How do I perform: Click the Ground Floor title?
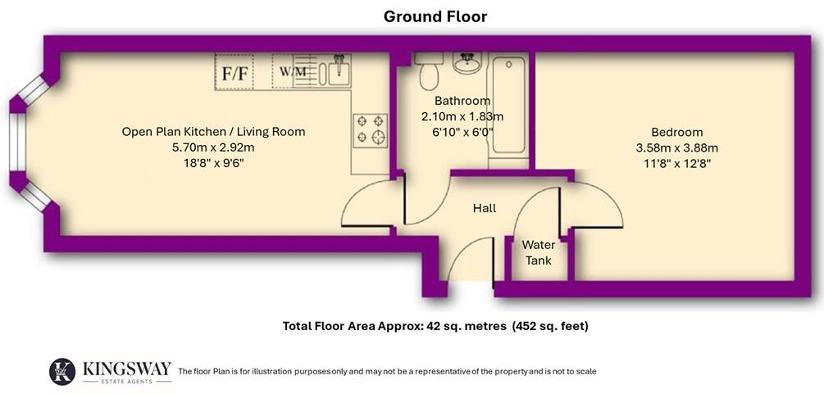click(436, 16)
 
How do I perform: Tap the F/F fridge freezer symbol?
click(236, 73)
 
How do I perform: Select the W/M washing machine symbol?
click(293, 72)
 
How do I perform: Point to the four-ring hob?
click(369, 129)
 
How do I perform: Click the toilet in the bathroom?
click(428, 72)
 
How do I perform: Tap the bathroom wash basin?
click(467, 63)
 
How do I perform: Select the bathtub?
click(507, 106)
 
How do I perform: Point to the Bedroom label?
click(676, 132)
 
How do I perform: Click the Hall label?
click(484, 208)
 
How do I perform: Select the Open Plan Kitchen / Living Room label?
click(213, 131)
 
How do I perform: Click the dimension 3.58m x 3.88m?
click(676, 147)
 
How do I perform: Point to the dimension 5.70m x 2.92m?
click(213, 147)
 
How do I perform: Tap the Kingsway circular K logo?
click(62, 371)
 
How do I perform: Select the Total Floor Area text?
click(435, 325)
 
